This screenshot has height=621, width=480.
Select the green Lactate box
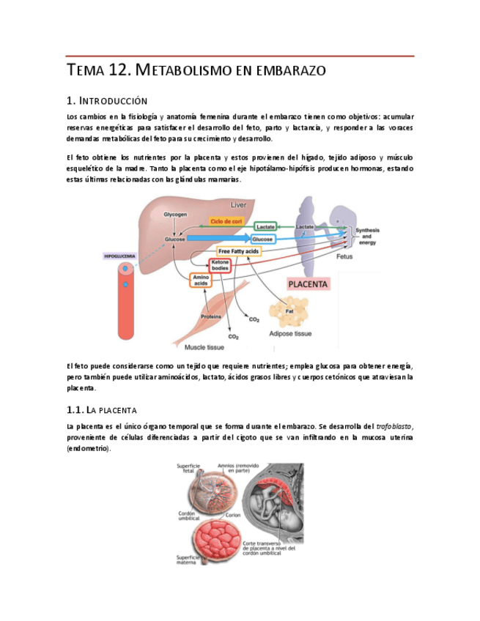265,227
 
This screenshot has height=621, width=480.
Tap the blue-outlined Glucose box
262,239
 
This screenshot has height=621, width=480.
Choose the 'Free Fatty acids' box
239,251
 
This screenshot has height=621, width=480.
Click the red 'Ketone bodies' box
221,265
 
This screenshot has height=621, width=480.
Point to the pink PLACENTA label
309,283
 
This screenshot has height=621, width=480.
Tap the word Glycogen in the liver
176,214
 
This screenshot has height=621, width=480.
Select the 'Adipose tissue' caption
292,333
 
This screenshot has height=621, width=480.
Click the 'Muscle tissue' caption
204,346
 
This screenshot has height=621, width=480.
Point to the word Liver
239,205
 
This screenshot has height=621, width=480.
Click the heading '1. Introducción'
106,100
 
